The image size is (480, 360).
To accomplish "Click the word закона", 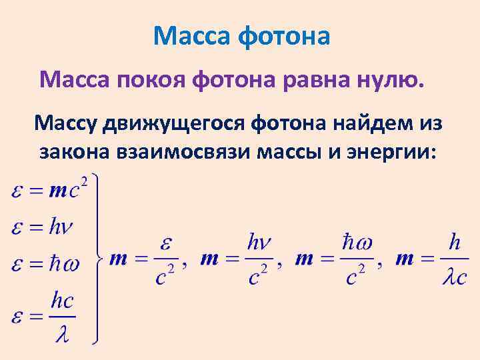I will tap(75, 152).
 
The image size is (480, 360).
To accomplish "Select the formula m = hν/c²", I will tap(237, 259).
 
